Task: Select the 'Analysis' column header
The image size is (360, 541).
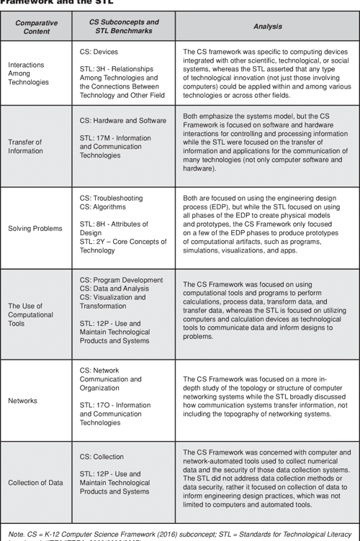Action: click(x=267, y=27)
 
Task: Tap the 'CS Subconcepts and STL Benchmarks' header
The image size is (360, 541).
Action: click(x=124, y=27)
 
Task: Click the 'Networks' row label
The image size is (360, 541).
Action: click(x=24, y=401)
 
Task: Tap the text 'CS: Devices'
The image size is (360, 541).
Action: click(x=99, y=53)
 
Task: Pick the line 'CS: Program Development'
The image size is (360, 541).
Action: click(x=122, y=280)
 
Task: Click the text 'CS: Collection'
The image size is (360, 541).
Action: click(x=102, y=457)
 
